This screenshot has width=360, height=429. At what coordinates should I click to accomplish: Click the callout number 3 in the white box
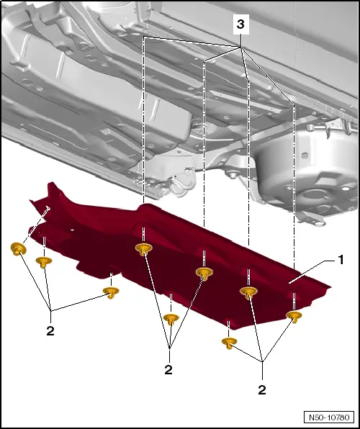pos(240,24)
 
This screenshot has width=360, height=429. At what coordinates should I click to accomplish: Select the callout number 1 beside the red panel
pos(341,260)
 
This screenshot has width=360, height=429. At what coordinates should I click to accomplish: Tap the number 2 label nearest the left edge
pos(50,331)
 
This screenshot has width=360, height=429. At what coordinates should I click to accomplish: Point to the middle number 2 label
pos(168,370)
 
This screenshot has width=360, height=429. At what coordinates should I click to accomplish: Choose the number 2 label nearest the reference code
pos(262,390)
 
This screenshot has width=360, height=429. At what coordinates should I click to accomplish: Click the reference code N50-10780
pos(329,417)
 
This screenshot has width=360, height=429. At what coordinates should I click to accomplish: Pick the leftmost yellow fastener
pos(18,249)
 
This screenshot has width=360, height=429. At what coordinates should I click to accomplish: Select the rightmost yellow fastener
pos(294,316)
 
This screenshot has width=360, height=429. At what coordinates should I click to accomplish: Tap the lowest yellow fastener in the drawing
pos(230,343)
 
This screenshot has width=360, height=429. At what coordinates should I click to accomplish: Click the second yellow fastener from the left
pos(44,262)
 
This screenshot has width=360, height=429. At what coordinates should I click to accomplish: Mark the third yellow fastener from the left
pos(111,292)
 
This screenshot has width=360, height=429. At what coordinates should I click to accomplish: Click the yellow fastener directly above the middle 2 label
pos(171,319)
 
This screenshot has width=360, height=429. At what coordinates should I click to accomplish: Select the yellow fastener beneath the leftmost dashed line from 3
pos(144,249)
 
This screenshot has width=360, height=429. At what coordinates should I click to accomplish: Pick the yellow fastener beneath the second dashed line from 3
pos(204,274)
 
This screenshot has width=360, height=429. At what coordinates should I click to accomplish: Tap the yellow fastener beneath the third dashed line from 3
pos(248,292)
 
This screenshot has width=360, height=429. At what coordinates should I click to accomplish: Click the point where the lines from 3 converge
pos(241,48)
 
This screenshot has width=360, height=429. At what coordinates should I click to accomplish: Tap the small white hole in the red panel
pos(72,230)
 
